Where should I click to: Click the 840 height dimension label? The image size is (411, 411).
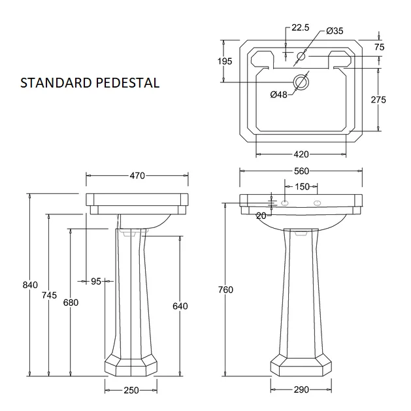(x=30, y=285)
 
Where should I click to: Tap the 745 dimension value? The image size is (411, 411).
(x=49, y=295)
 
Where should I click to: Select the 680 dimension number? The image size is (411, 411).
(x=71, y=303)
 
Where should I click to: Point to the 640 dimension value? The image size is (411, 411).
(x=180, y=306)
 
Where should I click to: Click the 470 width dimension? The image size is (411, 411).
(x=137, y=176)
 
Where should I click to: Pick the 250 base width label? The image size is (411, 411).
(x=131, y=391)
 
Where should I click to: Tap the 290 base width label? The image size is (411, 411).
(x=301, y=390)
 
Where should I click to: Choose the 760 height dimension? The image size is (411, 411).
(x=225, y=289)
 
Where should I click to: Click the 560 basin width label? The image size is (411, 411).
(x=301, y=171)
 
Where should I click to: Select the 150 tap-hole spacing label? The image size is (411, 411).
(x=303, y=187)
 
